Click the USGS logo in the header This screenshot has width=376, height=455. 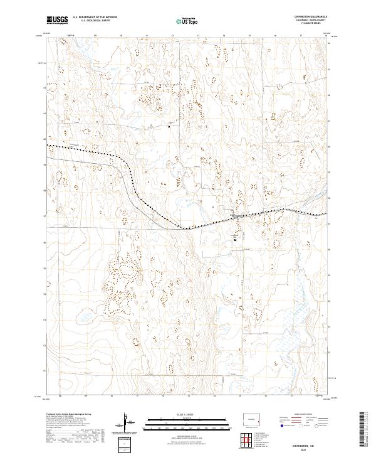coord(58,21)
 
